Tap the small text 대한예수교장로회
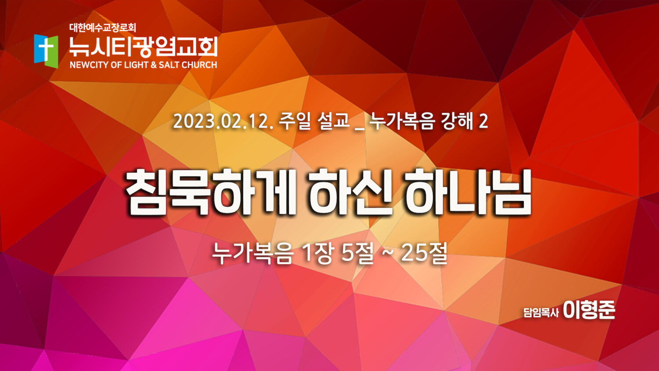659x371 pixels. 103,28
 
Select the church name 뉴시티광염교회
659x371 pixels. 143,47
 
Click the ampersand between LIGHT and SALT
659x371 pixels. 153,65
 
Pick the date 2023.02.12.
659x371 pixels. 223,122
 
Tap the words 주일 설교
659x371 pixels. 314,121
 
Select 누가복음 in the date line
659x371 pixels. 402,121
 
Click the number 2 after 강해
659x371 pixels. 483,122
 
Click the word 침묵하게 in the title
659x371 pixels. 210,192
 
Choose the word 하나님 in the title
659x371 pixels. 469,192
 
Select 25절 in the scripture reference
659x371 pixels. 424,253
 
